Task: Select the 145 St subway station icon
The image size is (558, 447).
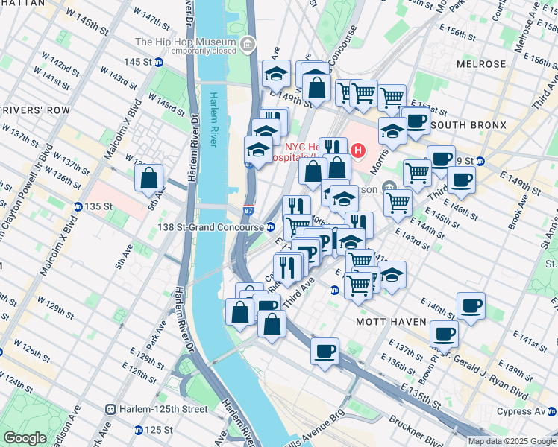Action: tap(159, 62)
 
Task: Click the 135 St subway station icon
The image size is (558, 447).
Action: tap(78, 206)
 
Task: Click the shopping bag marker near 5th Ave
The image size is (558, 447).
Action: tap(149, 179)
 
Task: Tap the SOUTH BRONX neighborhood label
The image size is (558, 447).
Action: tap(468, 124)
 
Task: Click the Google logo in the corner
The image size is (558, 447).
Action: tap(25, 438)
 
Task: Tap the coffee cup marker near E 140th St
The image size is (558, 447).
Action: tap(471, 306)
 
